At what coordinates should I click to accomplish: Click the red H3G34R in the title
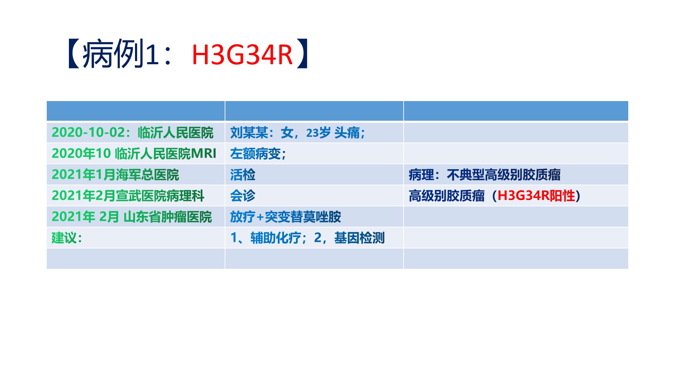point(242,55)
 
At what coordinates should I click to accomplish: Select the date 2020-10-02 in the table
point(88,132)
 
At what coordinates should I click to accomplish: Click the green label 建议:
point(67,238)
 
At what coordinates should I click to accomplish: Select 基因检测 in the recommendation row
point(359,238)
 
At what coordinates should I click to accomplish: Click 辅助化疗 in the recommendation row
point(276,238)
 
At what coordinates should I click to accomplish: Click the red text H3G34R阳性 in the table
point(536,195)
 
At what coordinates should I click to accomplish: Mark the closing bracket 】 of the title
point(302,54)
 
